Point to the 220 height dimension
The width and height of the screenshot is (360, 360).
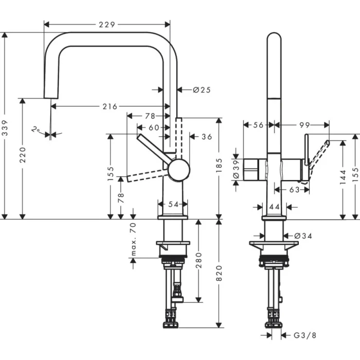(x=22, y=159)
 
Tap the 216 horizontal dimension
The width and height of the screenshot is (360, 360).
(x=110, y=106)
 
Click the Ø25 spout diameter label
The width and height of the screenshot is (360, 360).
(x=202, y=90)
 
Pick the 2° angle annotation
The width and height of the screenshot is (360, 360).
(x=35, y=130)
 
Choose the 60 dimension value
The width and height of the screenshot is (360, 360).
(x=154, y=127)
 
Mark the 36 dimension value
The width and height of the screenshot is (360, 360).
(x=206, y=137)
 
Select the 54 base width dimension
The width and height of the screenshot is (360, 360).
(x=173, y=204)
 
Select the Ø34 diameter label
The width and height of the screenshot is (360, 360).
(x=303, y=236)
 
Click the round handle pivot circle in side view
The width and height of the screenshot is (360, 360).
(x=178, y=170)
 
